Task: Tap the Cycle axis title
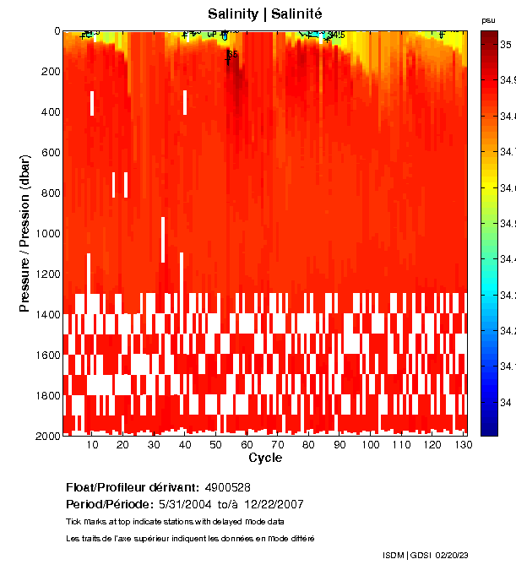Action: coord(265,459)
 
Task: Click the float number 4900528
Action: coord(227,487)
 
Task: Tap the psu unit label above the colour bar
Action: coord(488,19)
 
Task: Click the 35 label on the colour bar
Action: coord(505,43)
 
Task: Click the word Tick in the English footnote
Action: coord(73,521)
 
